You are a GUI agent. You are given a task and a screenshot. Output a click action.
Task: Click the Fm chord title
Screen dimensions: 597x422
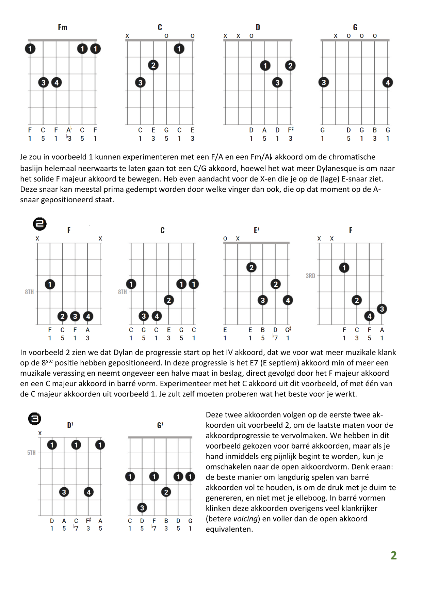pyautogui.click(x=63, y=28)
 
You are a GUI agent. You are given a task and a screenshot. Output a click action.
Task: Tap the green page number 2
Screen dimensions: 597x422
pyautogui.click(x=393, y=555)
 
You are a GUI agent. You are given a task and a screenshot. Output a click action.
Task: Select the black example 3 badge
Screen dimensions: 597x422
pyautogui.click(x=34, y=419)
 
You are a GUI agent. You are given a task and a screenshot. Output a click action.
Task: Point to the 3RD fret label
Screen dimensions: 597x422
pyautogui.click(x=310, y=276)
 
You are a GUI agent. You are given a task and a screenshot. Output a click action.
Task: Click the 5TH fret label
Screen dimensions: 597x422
pyautogui.click(x=31, y=453)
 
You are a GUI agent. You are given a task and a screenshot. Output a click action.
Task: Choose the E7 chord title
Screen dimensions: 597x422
pyautogui.click(x=257, y=230)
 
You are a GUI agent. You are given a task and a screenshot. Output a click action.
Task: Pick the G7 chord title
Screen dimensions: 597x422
pyautogui.click(x=160, y=425)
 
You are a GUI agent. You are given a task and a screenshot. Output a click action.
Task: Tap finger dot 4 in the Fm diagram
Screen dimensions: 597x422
pyautogui.click(x=56, y=82)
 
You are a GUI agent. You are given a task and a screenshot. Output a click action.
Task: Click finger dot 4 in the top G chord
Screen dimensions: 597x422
pyautogui.click(x=388, y=82)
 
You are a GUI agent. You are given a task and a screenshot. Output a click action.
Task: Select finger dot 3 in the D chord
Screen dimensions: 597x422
pyautogui.click(x=277, y=82)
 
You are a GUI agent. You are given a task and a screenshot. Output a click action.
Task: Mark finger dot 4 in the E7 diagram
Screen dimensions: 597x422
pyautogui.click(x=288, y=300)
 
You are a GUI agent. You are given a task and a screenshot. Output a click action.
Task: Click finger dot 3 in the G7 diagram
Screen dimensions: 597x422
pyautogui.click(x=142, y=508)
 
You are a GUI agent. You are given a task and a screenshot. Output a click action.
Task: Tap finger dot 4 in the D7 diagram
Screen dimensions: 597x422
pyautogui.click(x=88, y=492)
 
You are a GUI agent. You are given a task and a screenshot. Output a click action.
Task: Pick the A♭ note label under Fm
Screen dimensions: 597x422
pyautogui.click(x=69, y=130)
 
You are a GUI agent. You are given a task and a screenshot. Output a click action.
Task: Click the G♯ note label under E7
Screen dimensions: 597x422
pyautogui.click(x=288, y=330)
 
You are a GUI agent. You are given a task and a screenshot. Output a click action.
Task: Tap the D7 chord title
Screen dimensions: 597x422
pyautogui.click(x=70, y=425)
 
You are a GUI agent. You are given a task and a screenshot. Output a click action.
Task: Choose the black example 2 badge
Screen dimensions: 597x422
pyautogui.click(x=40, y=224)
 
